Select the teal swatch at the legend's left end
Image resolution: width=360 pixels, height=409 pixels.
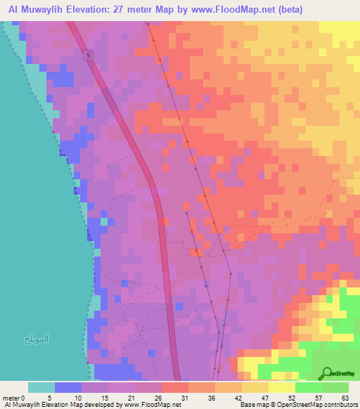[x=41, y=387]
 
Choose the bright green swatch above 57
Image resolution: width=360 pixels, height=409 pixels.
[x=308, y=387]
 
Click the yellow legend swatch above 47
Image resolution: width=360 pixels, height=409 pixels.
[x=255, y=387]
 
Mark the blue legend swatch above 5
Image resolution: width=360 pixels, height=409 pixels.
[x=68, y=387]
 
